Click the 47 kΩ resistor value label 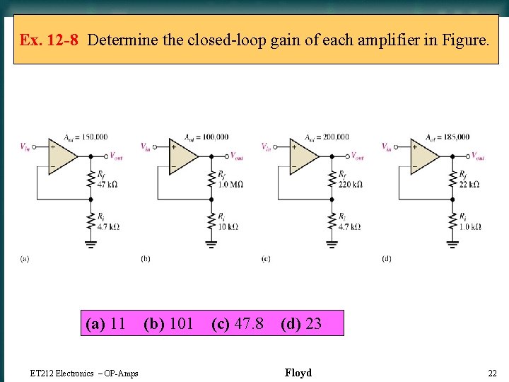pyautogui.click(x=107, y=184)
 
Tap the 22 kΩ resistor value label pyautogui.click(x=469, y=184)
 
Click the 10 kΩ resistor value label pyautogui.click(x=228, y=226)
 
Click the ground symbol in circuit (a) pyautogui.click(x=90, y=244)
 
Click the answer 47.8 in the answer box pyautogui.click(x=248, y=324)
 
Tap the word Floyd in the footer pyautogui.click(x=298, y=373)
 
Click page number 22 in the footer pyautogui.click(x=492, y=373)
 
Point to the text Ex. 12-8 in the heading pyautogui.click(x=49, y=40)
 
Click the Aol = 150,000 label pyautogui.click(x=85, y=137)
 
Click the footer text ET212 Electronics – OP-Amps pyautogui.click(x=85, y=374)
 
